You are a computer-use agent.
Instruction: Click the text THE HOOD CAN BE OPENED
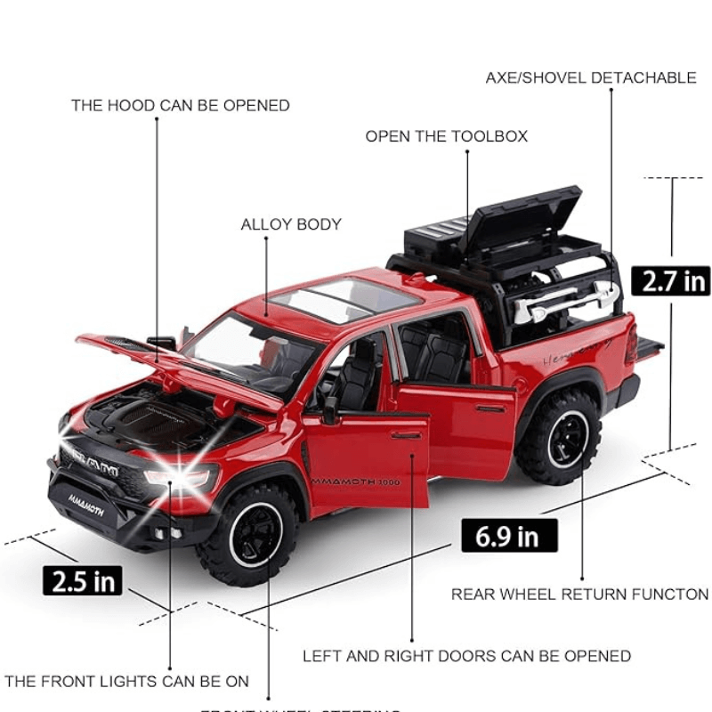click(x=181, y=106)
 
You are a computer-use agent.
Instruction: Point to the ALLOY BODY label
click(x=291, y=225)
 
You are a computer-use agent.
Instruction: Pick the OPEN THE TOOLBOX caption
click(x=446, y=136)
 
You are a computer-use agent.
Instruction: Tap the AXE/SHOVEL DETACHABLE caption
click(x=591, y=78)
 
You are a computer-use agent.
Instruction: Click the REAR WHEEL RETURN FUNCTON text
click(x=579, y=595)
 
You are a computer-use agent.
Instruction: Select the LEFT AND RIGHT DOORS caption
click(x=466, y=657)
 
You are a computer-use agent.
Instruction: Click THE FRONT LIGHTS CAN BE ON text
click(x=126, y=682)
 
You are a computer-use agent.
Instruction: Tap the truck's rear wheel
click(x=560, y=435)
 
